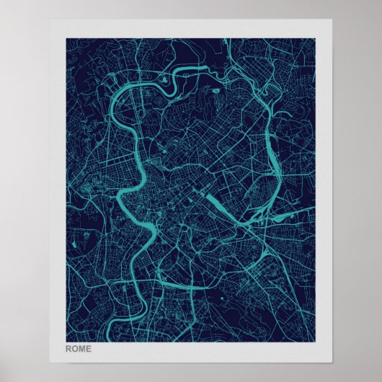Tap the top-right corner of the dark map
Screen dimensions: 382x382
316,38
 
